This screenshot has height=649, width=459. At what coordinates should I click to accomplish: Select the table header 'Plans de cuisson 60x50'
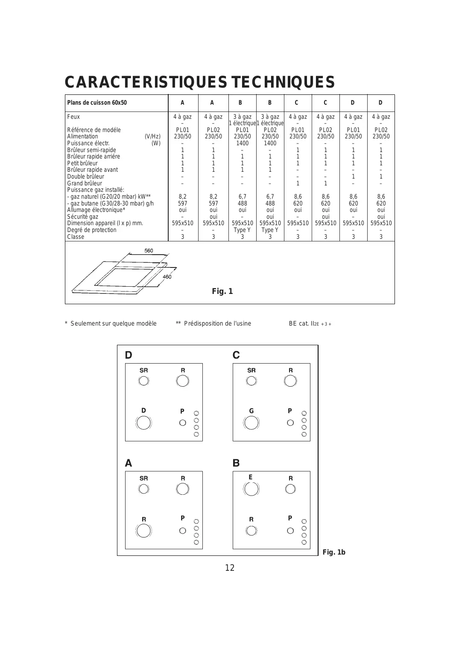[x=97, y=103]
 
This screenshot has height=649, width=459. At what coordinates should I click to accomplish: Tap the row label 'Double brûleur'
[x=85, y=176]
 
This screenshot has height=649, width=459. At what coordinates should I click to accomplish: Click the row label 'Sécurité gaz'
[x=82, y=217]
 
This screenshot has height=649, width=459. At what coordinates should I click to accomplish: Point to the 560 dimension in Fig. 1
[x=149, y=250]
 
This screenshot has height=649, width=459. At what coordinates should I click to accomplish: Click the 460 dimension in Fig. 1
[x=167, y=277]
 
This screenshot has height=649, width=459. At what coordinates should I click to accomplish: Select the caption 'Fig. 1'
[x=222, y=291]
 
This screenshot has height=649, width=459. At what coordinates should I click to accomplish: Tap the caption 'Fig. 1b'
[x=334, y=552]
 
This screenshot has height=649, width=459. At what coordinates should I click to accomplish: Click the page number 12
[x=230, y=568]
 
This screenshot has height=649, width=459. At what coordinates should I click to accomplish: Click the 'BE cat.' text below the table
[x=299, y=323]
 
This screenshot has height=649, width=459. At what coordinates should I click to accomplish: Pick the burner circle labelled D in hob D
[x=143, y=423]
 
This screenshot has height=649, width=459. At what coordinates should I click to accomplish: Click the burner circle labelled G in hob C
[x=251, y=423]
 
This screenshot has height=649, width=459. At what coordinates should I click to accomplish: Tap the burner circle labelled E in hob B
[x=251, y=488]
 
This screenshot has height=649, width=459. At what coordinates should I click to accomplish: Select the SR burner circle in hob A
[x=143, y=489]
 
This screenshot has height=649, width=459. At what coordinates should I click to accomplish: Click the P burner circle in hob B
[x=290, y=531]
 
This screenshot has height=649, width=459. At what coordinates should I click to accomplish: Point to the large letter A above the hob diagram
[x=129, y=463]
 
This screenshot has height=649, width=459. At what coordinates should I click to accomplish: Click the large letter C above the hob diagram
[x=236, y=355]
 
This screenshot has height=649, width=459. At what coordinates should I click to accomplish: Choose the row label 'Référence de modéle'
[x=94, y=130]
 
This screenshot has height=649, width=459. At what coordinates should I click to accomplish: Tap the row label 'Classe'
[x=76, y=237]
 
